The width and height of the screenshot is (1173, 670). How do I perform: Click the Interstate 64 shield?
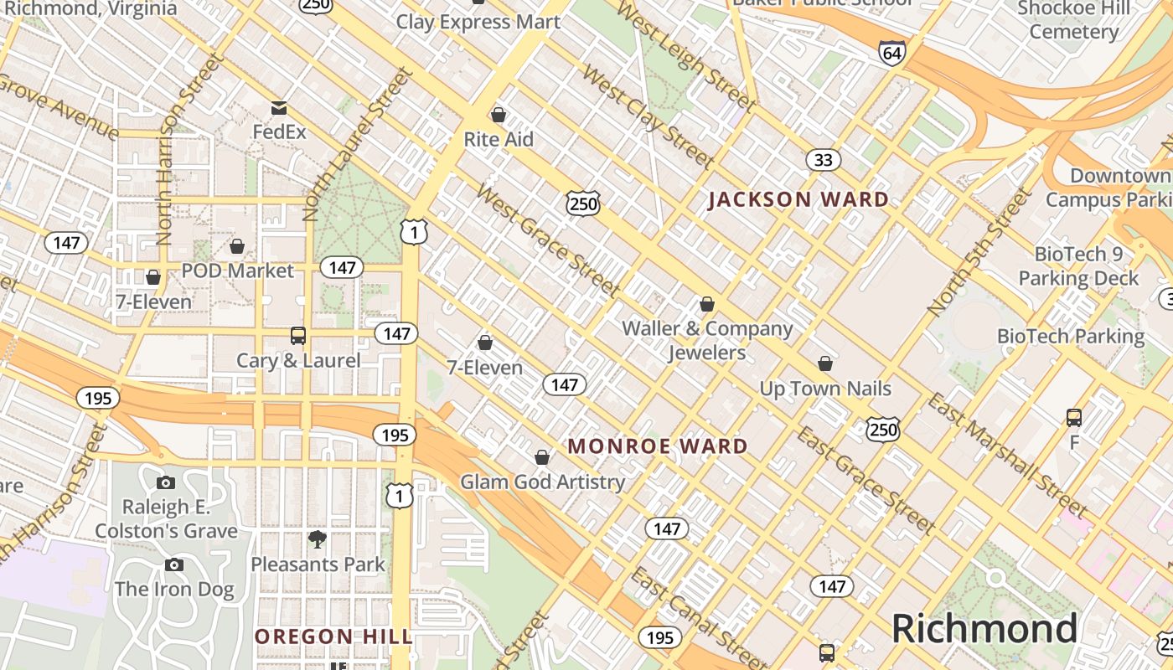coord(892,53)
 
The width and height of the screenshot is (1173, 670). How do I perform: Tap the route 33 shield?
coord(824,159)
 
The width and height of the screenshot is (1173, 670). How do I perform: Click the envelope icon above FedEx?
coord(279,108)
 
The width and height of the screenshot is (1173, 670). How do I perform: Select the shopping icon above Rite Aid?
coord(499,115)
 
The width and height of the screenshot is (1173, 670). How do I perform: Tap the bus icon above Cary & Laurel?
coord(297,336)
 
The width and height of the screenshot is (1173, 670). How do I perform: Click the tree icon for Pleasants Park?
coord(317,539)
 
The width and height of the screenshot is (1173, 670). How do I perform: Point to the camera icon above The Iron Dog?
coord(174,564)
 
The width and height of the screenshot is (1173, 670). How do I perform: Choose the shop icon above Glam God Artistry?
coord(542,457)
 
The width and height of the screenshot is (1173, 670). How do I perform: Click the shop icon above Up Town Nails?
coord(825,363)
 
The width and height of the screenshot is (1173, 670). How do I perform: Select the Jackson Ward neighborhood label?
coord(798,199)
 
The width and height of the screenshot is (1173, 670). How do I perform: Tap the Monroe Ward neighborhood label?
coord(658,446)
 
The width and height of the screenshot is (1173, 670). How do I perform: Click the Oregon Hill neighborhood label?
coord(333,636)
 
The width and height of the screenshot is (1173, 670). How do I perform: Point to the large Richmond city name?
coord(984,628)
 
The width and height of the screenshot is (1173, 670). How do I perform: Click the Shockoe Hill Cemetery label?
coord(1073,20)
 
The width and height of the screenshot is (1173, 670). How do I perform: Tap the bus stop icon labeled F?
coord(1074,417)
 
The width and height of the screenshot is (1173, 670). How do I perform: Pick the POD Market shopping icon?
coord(237,246)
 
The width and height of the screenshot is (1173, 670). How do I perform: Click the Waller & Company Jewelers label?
coord(707,340)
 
